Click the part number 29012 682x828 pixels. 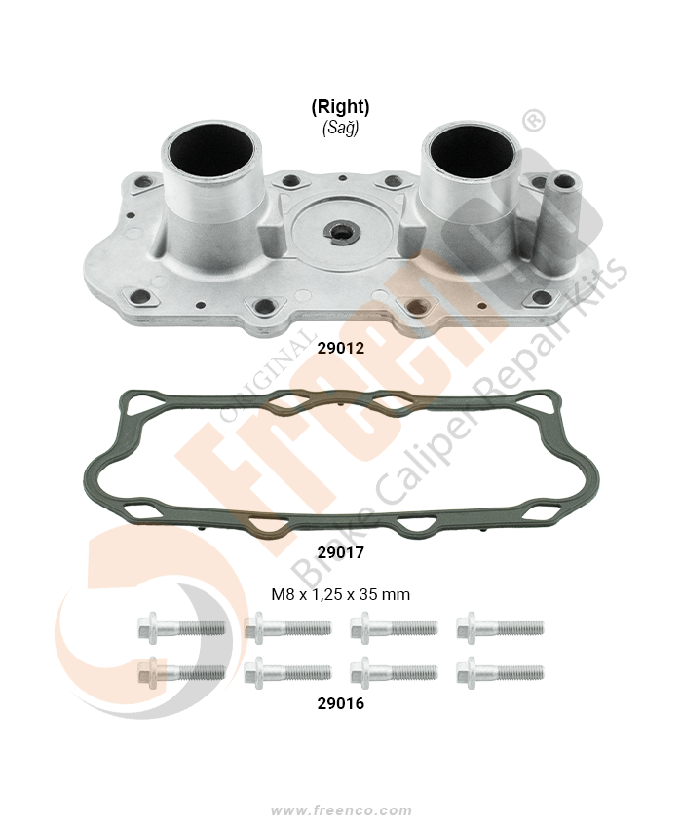[341, 348]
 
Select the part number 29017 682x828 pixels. [341, 552]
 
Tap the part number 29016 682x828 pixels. [341, 703]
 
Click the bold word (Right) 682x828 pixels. [340, 107]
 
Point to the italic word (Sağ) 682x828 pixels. [341, 129]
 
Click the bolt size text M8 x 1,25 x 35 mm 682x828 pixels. [341, 594]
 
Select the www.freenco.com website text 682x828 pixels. [341, 810]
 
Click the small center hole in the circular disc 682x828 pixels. [341, 231]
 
